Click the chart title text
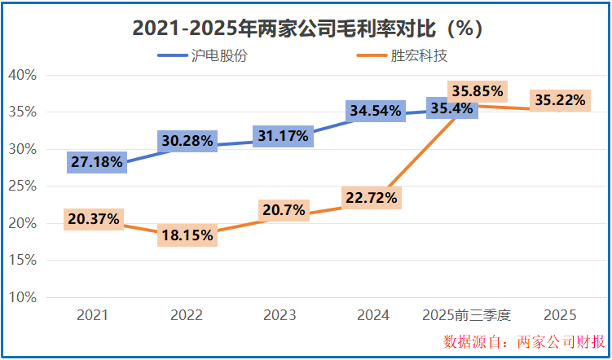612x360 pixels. [308, 29]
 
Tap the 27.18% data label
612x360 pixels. [97, 162]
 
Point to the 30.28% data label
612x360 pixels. [188, 140]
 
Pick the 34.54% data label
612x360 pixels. [375, 110]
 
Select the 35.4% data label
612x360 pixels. [452, 108]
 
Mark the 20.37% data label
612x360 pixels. [95, 218]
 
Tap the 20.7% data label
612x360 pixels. [284, 210]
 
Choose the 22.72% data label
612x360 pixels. [370, 197]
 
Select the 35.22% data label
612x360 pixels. [560, 100]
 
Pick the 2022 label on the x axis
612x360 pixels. [186, 315]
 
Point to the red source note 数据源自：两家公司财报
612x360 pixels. [524, 341]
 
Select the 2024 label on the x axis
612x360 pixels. [372, 315]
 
